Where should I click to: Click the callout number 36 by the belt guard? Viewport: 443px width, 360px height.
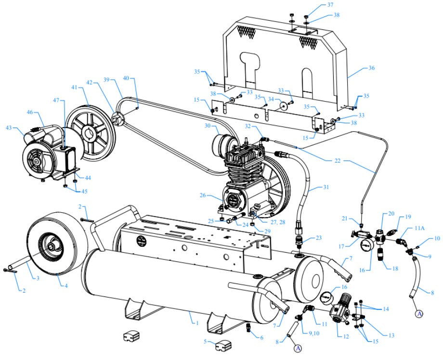(371, 68)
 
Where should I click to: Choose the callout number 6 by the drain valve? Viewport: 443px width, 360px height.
(261, 338)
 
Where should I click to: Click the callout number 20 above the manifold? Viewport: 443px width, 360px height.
(391, 213)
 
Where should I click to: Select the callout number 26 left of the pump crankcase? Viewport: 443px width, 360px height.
(203, 196)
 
